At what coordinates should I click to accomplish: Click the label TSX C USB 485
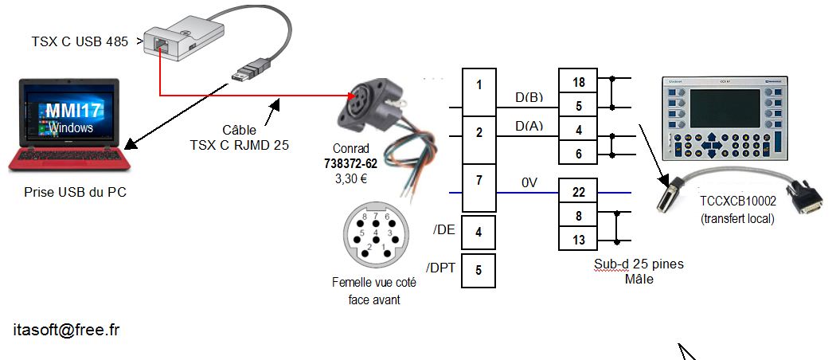[79, 41]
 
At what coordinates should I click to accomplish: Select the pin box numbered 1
[479, 84]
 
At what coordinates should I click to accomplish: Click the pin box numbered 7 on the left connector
[479, 181]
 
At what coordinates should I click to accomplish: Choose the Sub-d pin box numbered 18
[579, 81]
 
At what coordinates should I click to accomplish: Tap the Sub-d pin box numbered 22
[579, 192]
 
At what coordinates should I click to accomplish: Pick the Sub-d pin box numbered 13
[579, 238]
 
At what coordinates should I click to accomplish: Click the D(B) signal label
[529, 98]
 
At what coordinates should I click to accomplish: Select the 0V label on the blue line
[530, 183]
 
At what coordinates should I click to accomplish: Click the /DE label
[443, 230]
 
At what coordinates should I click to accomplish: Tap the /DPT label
[440, 267]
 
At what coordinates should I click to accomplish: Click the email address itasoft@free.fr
[66, 329]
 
